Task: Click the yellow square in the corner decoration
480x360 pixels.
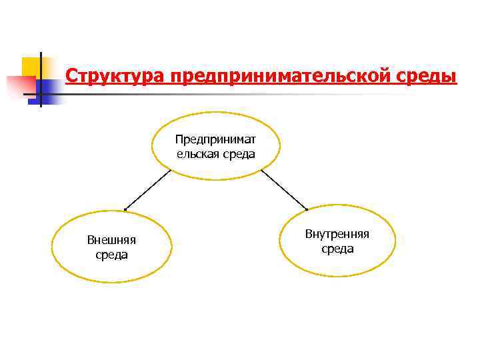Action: coord(31,67)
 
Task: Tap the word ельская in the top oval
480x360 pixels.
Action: coord(197,154)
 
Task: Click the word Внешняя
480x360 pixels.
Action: coord(112,241)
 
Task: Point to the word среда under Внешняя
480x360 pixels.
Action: coord(112,255)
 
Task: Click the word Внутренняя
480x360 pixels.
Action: coord(337,234)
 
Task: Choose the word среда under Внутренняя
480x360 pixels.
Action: coord(337,249)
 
